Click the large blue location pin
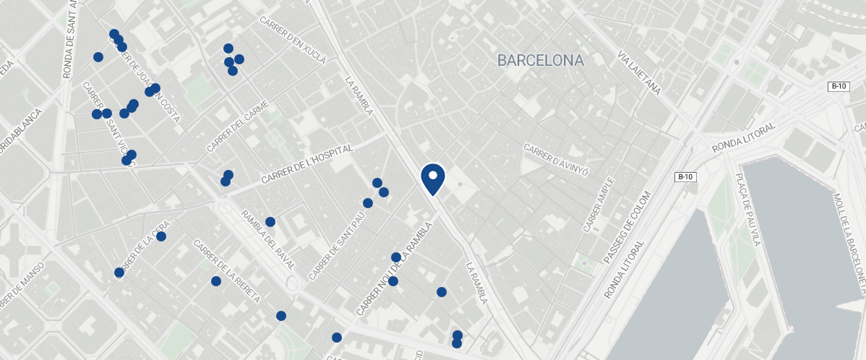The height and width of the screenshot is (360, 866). click(x=432, y=179)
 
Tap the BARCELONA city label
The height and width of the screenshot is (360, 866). click(x=540, y=61)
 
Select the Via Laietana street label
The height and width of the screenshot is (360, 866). click(x=640, y=73)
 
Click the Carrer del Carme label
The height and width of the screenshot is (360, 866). click(x=237, y=127)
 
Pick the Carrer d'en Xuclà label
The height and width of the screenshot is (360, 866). click(x=293, y=38)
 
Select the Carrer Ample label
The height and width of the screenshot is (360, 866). click(x=598, y=205)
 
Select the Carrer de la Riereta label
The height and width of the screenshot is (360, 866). click(x=226, y=271)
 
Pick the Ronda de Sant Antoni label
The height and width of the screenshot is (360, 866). click(x=70, y=40)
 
